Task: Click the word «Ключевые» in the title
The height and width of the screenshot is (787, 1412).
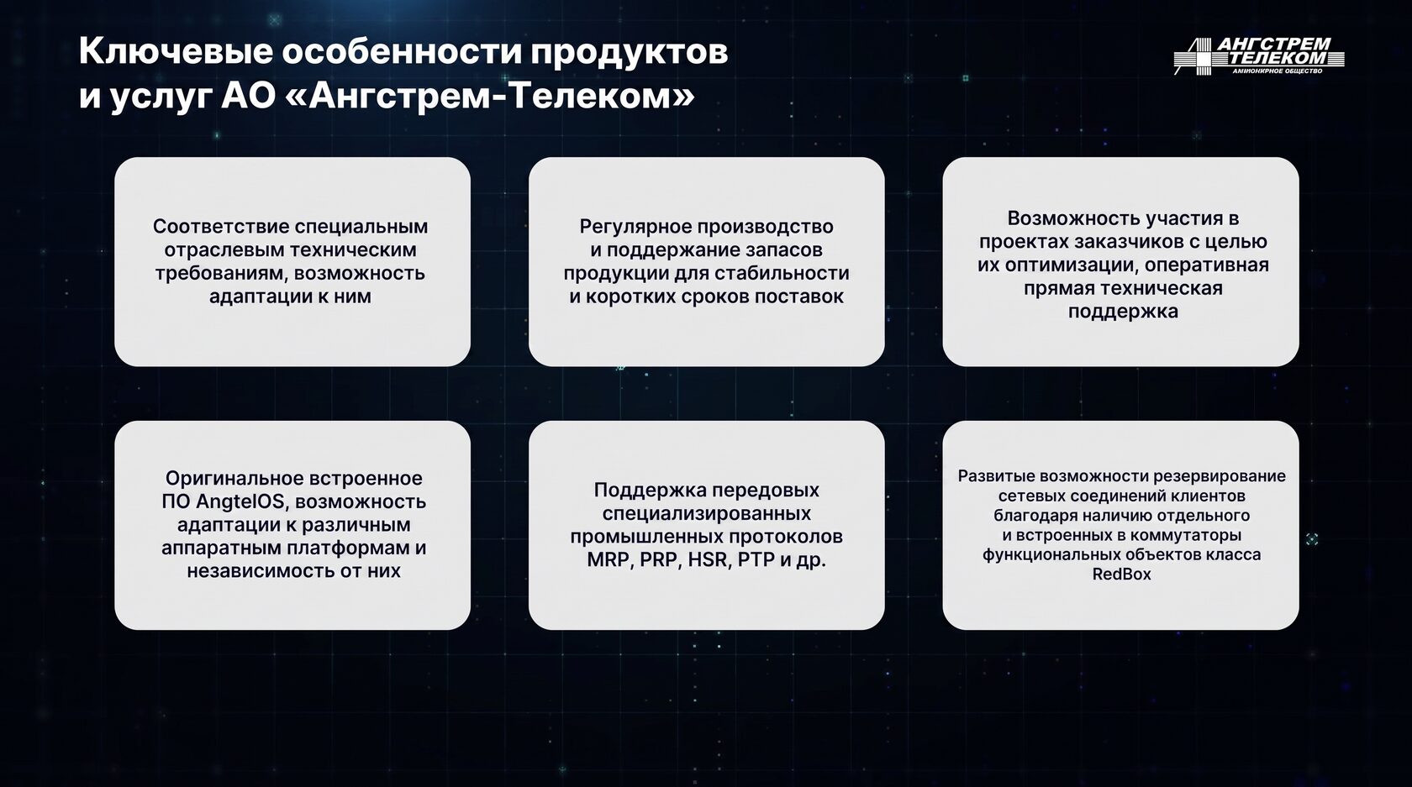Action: coord(175,53)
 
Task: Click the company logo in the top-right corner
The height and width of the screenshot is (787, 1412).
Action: coord(1259,56)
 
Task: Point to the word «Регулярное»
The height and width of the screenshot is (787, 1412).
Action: coord(635,227)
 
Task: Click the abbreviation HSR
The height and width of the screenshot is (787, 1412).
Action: coord(708,559)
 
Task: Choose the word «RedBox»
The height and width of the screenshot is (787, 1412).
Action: coord(1121,575)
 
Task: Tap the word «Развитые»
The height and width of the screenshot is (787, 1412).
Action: coord(995,476)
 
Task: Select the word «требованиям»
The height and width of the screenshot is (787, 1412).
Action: coord(222,274)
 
